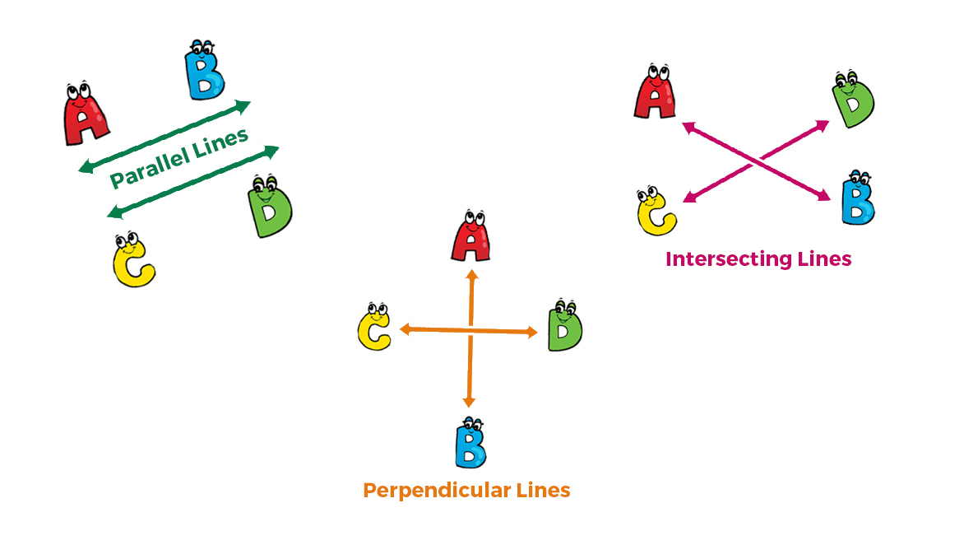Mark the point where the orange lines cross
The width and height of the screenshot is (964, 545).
click(x=470, y=331)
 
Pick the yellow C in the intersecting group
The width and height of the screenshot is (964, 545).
click(x=656, y=212)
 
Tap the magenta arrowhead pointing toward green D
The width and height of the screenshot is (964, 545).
click(x=823, y=125)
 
